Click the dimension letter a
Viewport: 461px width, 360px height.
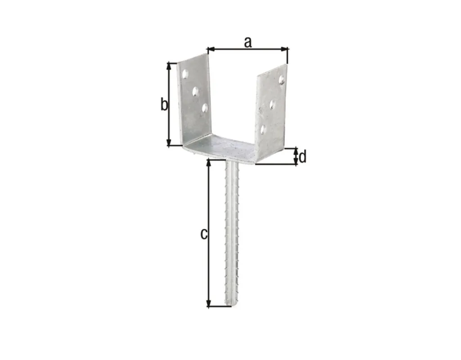(248, 43)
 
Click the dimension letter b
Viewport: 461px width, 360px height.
(164, 104)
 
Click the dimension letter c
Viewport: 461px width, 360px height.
(204, 234)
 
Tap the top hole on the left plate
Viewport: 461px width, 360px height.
(185, 74)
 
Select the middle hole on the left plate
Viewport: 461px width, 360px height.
(195, 92)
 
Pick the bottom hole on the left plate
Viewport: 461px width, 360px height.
(205, 108)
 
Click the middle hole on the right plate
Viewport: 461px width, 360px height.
(272, 104)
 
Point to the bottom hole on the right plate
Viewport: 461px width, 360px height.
(263, 129)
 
